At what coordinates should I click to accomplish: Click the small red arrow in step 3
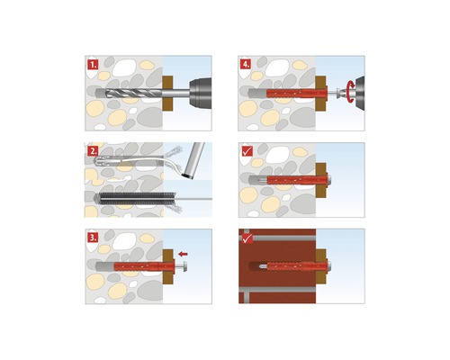184,255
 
